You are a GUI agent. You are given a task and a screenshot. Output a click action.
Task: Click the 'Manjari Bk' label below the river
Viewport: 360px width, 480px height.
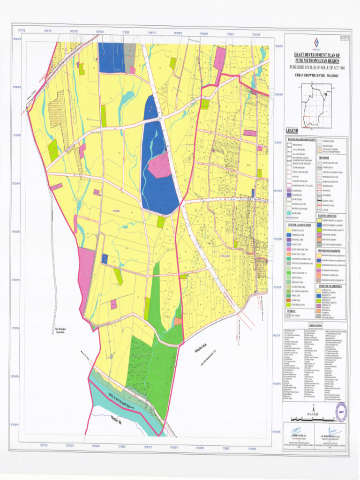coord(116,418)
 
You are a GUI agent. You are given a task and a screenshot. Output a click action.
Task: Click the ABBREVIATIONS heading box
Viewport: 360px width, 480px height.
coord(315,325)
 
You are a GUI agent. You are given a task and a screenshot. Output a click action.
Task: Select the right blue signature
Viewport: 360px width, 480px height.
coord(332,430)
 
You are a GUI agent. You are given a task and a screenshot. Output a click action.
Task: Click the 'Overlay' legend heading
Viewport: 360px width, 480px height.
coord(292,310)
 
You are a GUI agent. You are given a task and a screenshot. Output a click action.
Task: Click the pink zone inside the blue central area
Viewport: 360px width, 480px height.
coord(159,167)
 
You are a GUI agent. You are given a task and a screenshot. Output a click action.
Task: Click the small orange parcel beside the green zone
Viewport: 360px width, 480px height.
coord(178,321)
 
